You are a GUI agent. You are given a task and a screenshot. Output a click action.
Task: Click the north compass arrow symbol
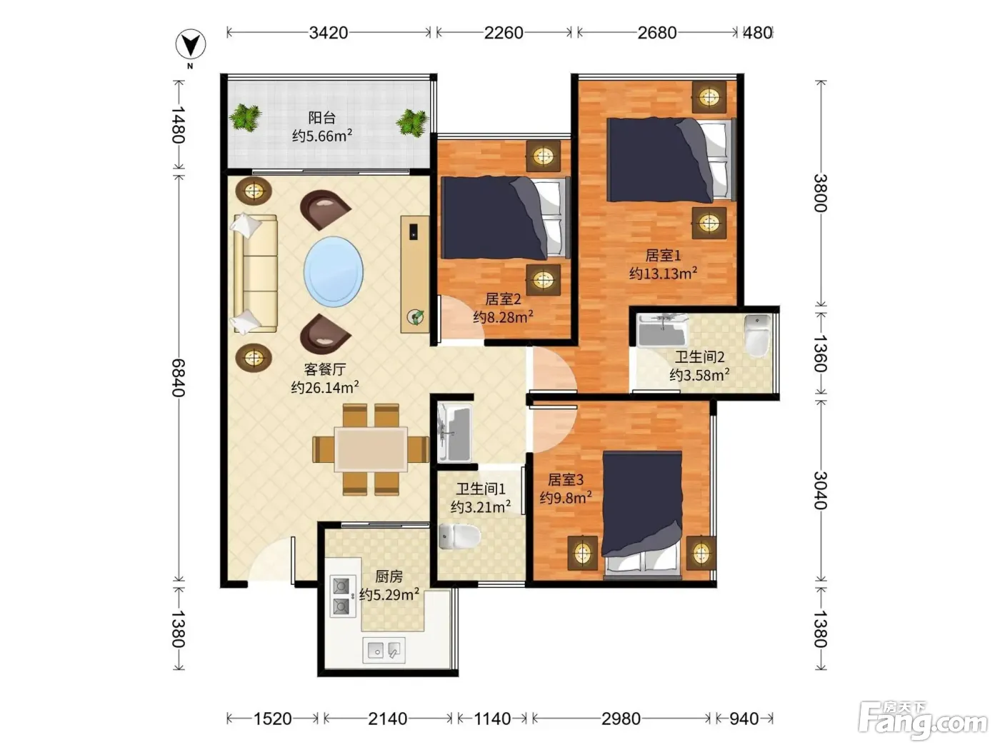coord(191,44)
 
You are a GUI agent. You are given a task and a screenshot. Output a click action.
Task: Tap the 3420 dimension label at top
coord(328,33)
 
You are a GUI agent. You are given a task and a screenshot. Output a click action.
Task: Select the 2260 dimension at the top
coord(503,33)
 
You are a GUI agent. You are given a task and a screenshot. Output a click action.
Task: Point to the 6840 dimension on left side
coord(178,378)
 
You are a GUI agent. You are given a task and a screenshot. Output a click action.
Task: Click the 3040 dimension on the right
coord(820,491)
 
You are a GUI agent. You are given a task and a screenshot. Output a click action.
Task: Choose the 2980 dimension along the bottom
coord(621,719)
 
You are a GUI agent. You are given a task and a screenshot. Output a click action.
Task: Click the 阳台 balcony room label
coord(321,118)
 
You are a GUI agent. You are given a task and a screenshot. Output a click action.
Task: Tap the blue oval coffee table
coord(334,271)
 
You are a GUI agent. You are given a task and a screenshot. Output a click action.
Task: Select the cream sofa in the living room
coord(255,274)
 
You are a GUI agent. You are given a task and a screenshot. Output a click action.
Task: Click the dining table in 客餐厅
coord(371,449)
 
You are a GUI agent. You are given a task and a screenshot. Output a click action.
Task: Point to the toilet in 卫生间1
coord(459,536)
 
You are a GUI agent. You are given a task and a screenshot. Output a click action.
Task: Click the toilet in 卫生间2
coord(756,335)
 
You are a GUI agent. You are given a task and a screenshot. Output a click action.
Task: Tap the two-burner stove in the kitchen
coord(342,596)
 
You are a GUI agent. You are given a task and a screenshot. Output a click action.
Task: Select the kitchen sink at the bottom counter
coord(384,650)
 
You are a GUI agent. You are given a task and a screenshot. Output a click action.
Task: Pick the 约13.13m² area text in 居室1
coord(663,274)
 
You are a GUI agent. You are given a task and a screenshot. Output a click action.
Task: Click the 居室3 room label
coord(566,479)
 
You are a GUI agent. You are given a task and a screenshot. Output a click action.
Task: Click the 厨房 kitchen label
coord(389,577)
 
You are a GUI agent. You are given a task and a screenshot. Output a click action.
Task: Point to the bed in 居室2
coord(505,218)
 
